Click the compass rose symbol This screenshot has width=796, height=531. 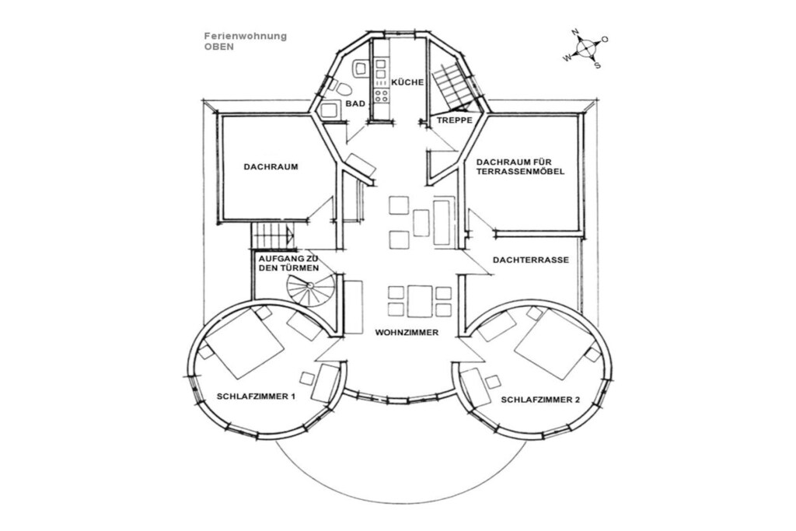click(x=586, y=49)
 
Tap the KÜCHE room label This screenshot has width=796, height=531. click(x=407, y=82)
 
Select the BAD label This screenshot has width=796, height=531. click(x=355, y=103)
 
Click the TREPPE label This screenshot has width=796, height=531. click(x=455, y=121)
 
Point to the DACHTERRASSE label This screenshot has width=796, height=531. click(x=531, y=260)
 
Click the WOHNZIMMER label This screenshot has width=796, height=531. click(x=407, y=333)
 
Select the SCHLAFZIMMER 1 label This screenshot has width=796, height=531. click(x=256, y=397)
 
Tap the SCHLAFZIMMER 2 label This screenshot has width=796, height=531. click(x=540, y=400)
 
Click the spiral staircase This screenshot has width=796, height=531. click(x=310, y=288)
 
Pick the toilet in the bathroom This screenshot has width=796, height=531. click(x=344, y=89)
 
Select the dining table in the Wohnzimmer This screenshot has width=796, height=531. click(x=419, y=301)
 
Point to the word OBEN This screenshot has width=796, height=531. click(x=218, y=46)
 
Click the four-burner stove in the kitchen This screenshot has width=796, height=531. click(x=381, y=94)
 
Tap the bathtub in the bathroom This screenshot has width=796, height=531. click(x=331, y=110)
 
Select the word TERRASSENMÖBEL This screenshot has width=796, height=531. click(x=520, y=172)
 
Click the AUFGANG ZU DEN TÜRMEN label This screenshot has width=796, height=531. click(x=289, y=264)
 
